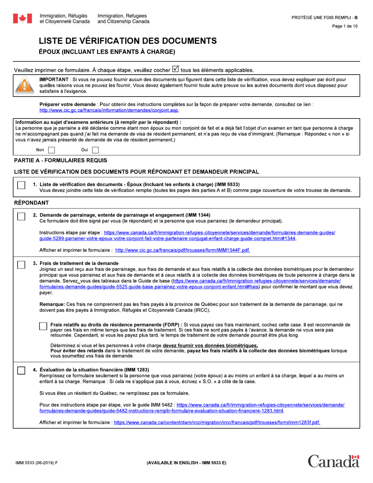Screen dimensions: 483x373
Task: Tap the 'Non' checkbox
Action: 51,150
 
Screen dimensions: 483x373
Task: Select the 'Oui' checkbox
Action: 95,150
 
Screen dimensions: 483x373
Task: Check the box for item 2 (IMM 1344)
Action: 22,216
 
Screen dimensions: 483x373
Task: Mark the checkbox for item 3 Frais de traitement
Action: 22,265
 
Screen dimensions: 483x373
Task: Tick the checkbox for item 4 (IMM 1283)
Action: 22,371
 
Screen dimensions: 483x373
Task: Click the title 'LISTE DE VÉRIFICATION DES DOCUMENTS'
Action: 127,41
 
